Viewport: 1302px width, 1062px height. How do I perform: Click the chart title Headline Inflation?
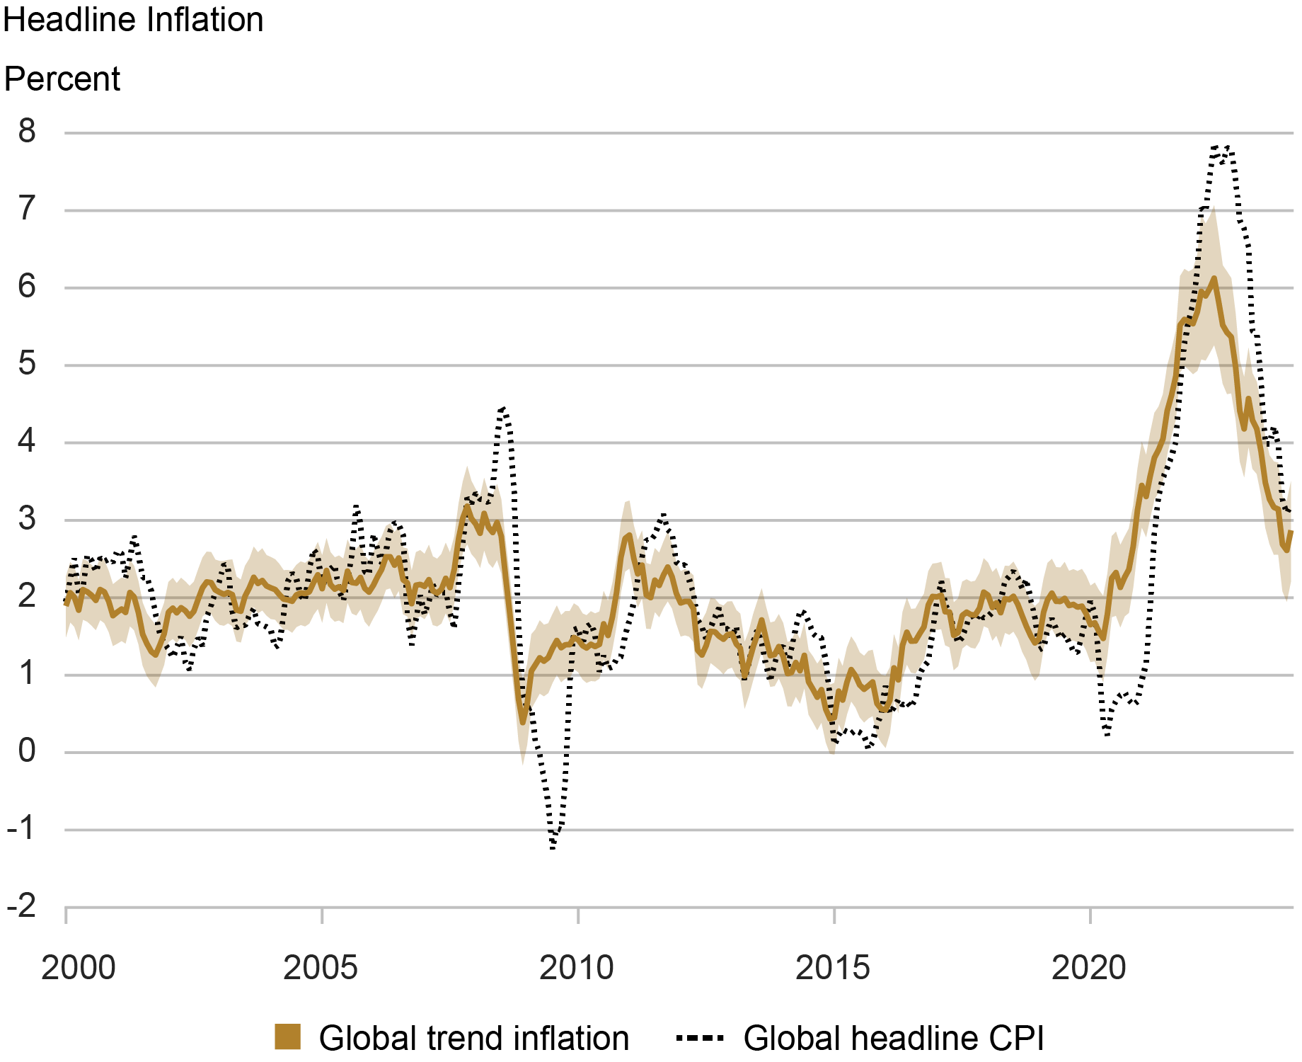(133, 20)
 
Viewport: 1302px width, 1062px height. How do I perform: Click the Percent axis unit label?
(62, 79)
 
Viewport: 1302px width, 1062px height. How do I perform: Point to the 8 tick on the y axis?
(27, 132)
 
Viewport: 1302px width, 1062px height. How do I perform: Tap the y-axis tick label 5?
(27, 365)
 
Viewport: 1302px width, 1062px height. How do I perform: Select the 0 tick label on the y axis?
(27, 752)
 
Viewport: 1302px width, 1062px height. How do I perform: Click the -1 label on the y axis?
(21, 829)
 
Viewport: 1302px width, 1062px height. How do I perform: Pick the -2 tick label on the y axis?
(21, 906)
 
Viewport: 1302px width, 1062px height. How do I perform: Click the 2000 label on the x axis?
(78, 968)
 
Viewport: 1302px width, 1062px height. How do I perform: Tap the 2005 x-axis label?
(321, 968)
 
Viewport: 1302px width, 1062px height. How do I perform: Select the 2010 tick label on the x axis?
(577, 968)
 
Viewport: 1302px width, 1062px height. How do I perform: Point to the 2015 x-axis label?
(833, 968)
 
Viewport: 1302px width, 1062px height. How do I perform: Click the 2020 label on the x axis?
(1089, 968)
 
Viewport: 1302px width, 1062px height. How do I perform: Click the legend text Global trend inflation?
(474, 1039)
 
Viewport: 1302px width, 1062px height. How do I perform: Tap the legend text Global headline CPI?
(894, 1039)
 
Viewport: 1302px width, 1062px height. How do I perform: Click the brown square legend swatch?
(288, 1037)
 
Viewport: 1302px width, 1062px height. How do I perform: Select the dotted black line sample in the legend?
(700, 1039)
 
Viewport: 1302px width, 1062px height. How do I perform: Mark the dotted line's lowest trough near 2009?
(553, 846)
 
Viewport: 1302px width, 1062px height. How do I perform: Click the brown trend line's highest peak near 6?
(1214, 279)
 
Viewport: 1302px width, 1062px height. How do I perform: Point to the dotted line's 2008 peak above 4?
(502, 409)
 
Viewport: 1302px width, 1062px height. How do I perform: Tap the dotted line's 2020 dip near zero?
(1107, 735)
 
